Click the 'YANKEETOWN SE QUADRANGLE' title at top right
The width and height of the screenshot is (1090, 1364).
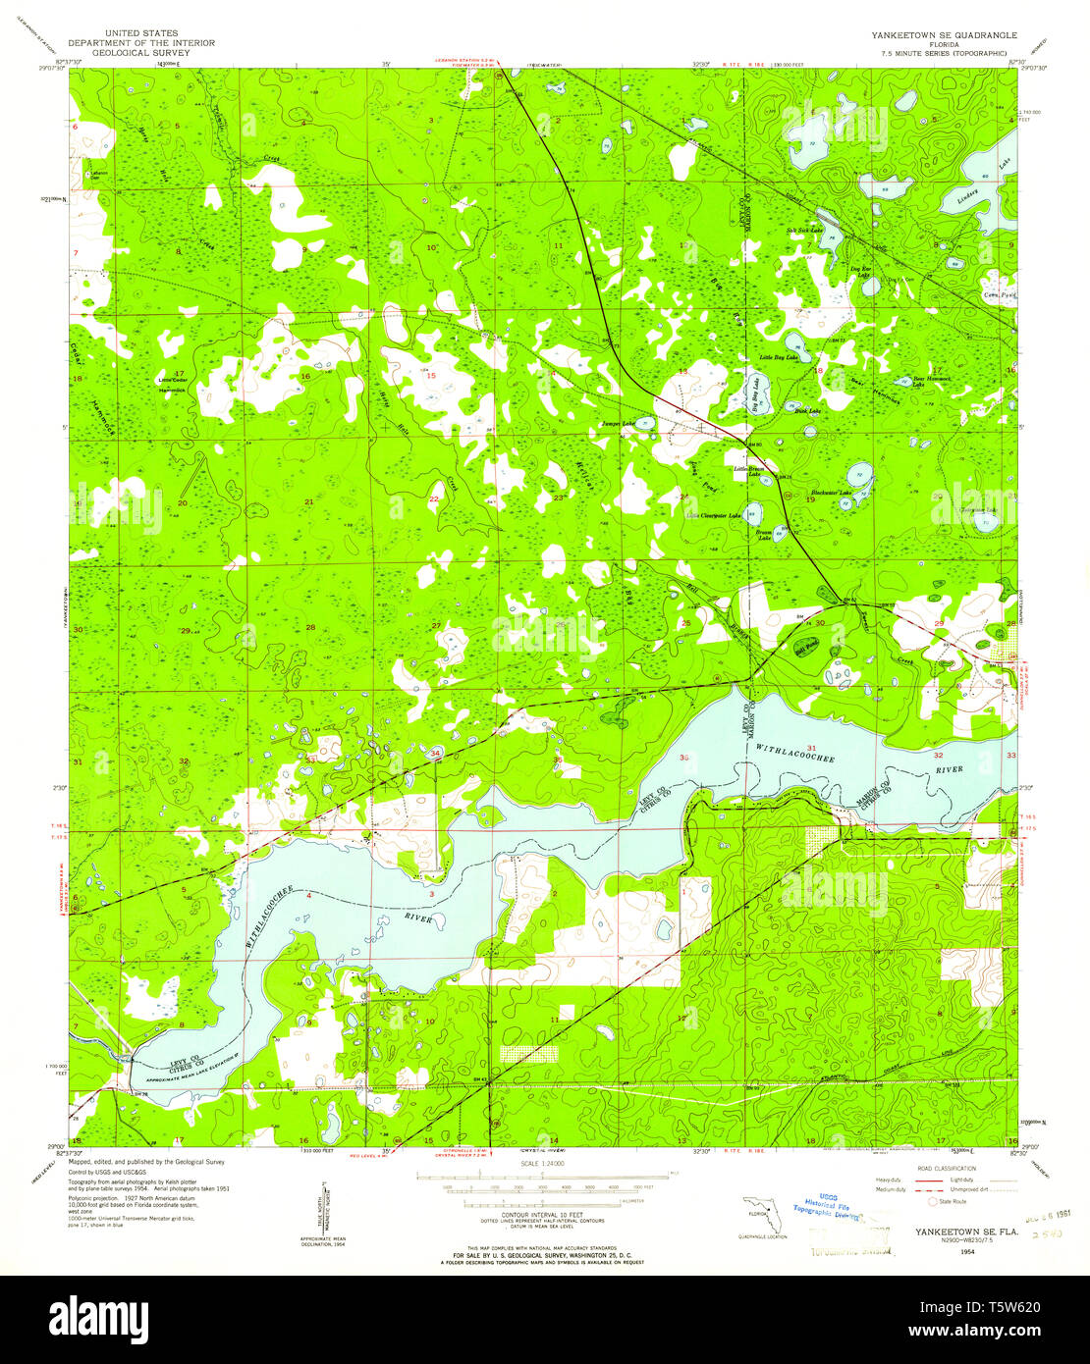point(944,34)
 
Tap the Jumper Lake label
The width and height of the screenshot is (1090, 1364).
point(618,424)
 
